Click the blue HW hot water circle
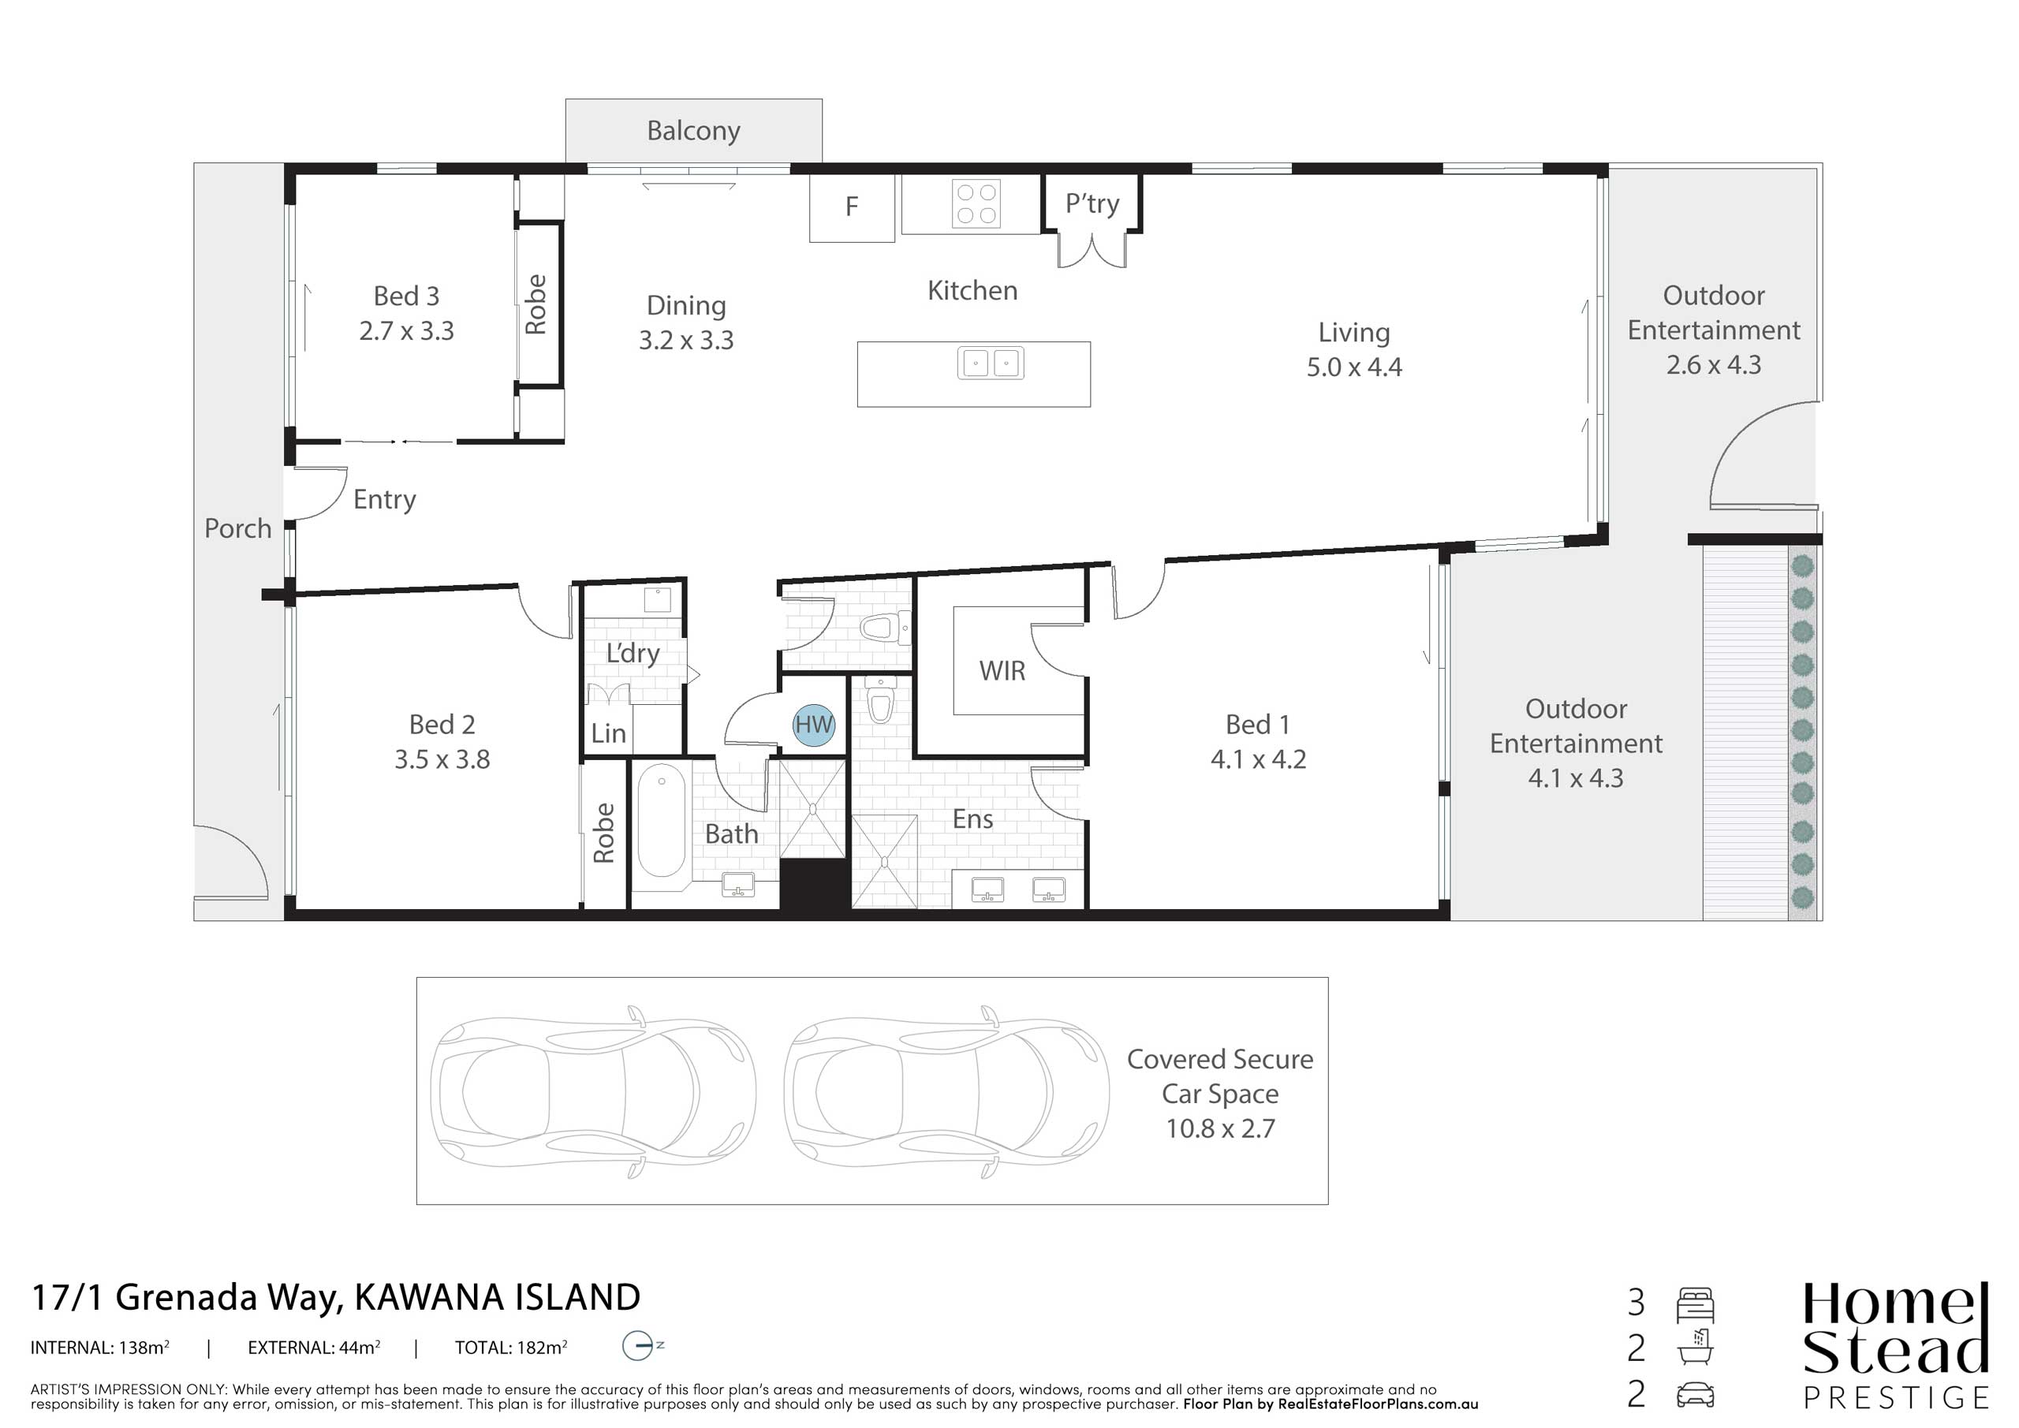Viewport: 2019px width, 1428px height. pyautogui.click(x=813, y=725)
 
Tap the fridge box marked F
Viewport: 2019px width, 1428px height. pyautogui.click(x=851, y=207)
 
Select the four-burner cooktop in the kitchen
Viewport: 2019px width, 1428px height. pyautogui.click(x=976, y=203)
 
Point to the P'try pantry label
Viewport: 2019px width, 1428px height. pyautogui.click(x=1092, y=204)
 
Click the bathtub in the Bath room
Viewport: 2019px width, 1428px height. pyautogui.click(x=661, y=819)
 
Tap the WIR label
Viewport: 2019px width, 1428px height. pyautogui.click(x=1002, y=671)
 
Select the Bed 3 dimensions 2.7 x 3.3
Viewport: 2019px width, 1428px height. pyautogui.click(x=406, y=330)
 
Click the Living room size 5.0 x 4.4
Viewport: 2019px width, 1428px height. pyautogui.click(x=1354, y=367)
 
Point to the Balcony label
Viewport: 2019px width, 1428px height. pyautogui.click(x=694, y=131)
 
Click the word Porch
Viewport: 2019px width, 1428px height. pyautogui.click(x=237, y=528)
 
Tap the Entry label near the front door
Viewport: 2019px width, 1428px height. pyautogui.click(x=384, y=499)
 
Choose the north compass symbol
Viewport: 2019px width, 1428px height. pyautogui.click(x=642, y=1346)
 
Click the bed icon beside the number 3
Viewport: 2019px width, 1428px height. pyautogui.click(x=1695, y=1305)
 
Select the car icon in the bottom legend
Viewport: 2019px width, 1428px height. pyautogui.click(x=1695, y=1396)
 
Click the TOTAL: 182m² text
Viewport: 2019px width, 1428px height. pyautogui.click(x=511, y=1347)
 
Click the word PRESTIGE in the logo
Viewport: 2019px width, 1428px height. pyautogui.click(x=1896, y=1397)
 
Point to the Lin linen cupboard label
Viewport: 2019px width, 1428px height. pyautogui.click(x=609, y=733)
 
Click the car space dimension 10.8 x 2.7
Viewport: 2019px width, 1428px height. pyautogui.click(x=1221, y=1128)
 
